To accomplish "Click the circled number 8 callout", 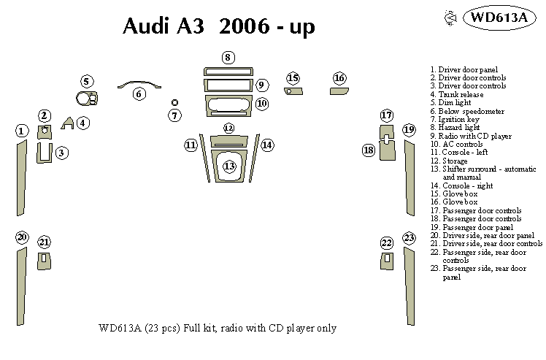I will point(228,57).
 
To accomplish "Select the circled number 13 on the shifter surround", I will point(229,166).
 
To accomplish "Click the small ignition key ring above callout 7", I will point(174,103).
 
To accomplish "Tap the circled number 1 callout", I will point(22,131).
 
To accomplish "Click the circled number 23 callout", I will point(409,238).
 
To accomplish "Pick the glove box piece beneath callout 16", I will point(339,92).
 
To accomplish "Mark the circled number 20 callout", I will point(22,237).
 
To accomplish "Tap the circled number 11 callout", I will point(191,145).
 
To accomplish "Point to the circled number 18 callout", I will point(369,150).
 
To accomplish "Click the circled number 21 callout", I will point(45,242).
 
